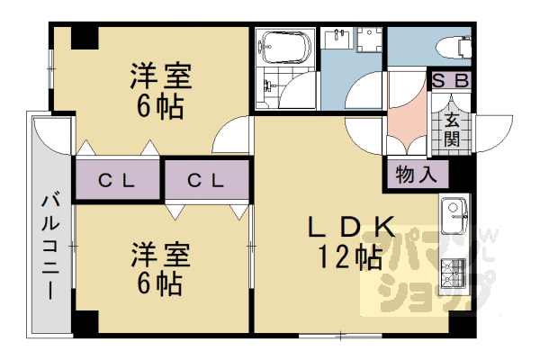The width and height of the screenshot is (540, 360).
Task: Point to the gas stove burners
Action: click(x=454, y=271)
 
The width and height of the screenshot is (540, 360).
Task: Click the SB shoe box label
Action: click(x=451, y=80)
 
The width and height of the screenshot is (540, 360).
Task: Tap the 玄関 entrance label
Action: click(x=452, y=129)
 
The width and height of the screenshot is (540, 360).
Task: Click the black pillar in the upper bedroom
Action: click(x=85, y=38)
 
